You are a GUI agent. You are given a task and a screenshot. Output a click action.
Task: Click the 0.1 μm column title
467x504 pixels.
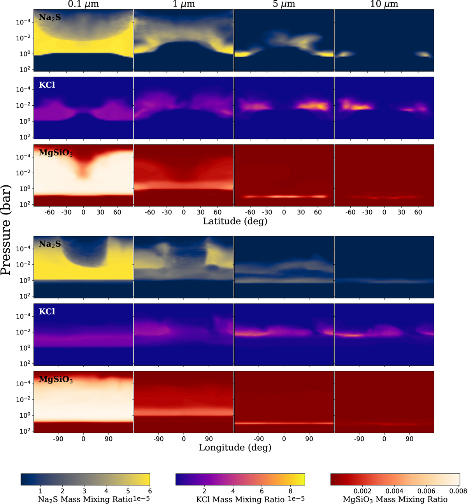tap(83, 4)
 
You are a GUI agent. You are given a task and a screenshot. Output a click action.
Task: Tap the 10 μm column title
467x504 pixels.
tap(384, 4)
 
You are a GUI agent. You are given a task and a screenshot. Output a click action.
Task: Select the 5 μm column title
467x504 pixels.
tap(284, 4)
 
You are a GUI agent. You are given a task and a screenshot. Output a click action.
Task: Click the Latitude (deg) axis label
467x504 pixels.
tap(235, 221)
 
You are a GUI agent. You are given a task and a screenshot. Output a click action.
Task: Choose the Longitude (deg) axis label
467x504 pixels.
tap(235, 448)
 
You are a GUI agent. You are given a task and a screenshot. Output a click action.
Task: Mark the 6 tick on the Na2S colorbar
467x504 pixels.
tap(150, 491)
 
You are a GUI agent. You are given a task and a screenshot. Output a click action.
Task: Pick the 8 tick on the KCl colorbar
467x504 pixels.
tap(291, 491)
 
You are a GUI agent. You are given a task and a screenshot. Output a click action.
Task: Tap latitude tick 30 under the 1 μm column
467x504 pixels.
tap(200, 212)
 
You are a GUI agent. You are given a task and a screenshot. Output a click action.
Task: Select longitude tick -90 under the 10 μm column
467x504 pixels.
tap(359, 439)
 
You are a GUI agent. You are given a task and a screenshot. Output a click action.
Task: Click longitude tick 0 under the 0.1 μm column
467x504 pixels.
tap(83, 439)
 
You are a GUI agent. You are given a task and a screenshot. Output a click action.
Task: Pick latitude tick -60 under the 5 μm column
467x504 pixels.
tap(250, 212)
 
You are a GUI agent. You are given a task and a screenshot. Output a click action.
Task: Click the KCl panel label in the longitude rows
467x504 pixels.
tap(47, 312)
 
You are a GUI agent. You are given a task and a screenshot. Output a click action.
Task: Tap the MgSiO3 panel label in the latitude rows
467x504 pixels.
tap(56, 153)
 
